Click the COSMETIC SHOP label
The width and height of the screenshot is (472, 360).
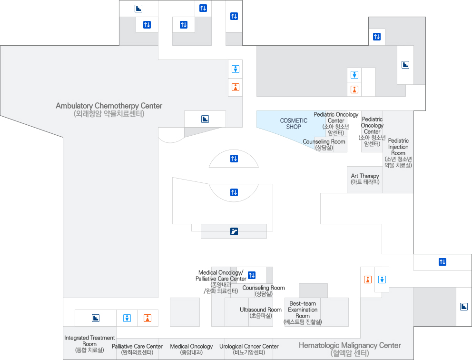point(294,124)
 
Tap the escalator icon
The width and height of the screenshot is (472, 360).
point(234,231)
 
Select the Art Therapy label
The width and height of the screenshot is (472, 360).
point(365,179)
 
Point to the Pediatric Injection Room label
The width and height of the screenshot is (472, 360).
point(398,153)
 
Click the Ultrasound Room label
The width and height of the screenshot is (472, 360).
point(261,312)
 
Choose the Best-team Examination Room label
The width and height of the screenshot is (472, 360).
point(303,313)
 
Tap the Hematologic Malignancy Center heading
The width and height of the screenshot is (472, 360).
point(350,345)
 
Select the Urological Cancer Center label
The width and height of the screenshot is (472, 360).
point(249,350)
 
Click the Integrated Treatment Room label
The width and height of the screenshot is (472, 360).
point(89,344)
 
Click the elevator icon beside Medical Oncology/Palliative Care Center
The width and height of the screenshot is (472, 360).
point(252,275)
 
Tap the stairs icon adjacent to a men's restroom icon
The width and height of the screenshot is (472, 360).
point(96,318)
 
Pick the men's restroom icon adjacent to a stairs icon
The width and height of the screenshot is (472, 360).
point(127,318)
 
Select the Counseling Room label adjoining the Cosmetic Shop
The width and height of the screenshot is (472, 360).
point(324,145)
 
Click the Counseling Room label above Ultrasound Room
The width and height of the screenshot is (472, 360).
point(264,291)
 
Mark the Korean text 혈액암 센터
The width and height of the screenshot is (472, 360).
point(350,353)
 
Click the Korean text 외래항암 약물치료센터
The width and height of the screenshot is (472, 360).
point(109,114)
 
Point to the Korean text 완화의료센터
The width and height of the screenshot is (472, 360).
point(138,353)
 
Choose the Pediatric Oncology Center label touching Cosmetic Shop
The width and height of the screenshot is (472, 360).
point(336,123)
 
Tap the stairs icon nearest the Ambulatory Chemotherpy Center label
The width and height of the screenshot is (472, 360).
point(205,119)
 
